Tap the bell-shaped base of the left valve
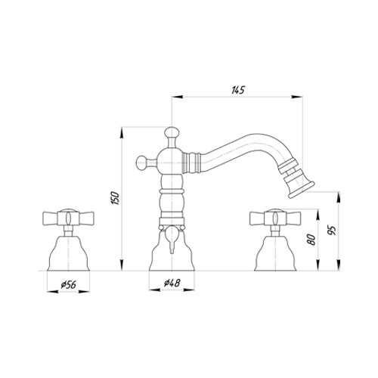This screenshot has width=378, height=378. point(69,253)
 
